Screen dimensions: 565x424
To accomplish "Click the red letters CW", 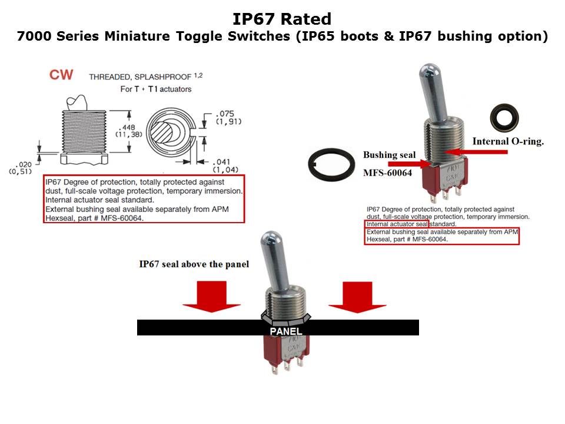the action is [x=61, y=75].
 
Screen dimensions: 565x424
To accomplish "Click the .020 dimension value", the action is [x=23, y=164].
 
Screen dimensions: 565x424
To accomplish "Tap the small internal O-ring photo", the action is [x=504, y=118].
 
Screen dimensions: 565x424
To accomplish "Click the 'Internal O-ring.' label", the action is [x=508, y=141].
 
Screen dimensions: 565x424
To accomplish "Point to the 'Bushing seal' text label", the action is [x=389, y=155].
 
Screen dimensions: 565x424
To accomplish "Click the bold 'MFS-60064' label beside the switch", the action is [x=387, y=173].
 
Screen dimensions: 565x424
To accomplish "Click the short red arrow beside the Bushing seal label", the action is [x=410, y=164].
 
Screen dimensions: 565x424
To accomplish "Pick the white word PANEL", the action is [x=286, y=331].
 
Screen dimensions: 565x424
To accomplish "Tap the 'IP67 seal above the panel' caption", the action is [x=194, y=264].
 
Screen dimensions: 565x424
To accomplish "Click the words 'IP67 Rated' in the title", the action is [x=282, y=19].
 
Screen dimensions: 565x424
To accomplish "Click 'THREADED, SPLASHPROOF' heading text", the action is [x=140, y=77].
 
